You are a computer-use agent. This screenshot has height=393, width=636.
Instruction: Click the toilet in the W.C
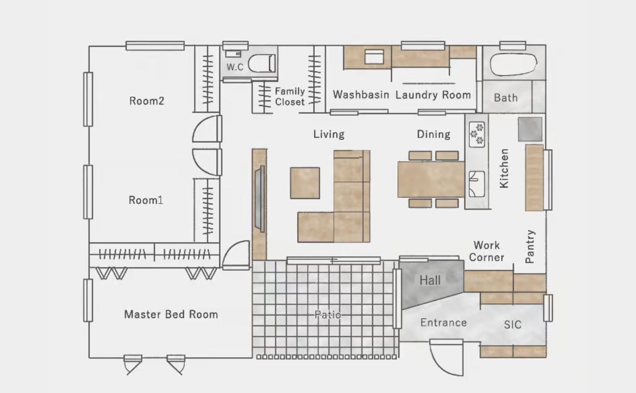click(262, 63)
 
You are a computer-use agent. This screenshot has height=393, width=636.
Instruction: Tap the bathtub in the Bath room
click(513, 64)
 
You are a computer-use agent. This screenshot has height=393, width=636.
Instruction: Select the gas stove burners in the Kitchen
click(477, 134)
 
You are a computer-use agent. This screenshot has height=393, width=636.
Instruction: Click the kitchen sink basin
click(477, 184)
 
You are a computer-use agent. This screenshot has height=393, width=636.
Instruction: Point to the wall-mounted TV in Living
click(260, 199)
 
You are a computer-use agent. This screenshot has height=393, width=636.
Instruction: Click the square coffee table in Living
click(305, 183)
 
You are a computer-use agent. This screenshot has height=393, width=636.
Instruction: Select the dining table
click(431, 179)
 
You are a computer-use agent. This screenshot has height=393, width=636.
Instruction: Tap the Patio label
click(328, 314)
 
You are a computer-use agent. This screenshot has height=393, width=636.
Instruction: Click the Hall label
click(430, 280)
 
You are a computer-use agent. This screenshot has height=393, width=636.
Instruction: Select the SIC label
click(513, 324)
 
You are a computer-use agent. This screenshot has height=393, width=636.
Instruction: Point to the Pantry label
click(530, 246)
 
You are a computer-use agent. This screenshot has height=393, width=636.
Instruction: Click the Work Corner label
click(487, 251)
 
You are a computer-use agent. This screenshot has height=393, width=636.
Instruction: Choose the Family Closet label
click(290, 96)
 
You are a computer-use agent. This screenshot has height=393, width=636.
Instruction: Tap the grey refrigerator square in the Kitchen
click(530, 129)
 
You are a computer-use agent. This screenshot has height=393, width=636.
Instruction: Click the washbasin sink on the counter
click(374, 57)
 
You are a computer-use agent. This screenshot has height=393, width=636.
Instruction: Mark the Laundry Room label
click(433, 95)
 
